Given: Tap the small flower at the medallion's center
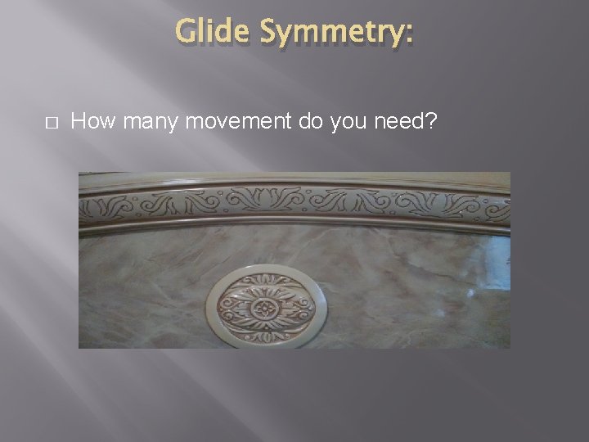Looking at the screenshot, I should tap(264, 308).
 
